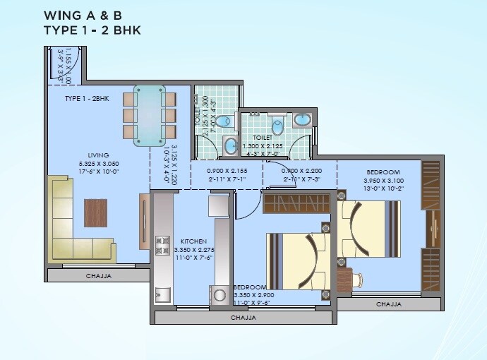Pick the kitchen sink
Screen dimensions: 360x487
click(163, 294)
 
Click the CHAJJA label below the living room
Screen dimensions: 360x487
click(98, 275)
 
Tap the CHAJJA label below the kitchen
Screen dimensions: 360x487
click(243, 318)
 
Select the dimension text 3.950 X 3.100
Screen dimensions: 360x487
click(383, 180)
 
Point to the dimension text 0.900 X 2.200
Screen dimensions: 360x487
click(301, 170)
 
